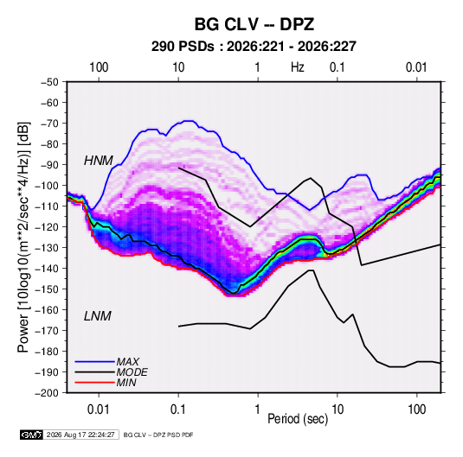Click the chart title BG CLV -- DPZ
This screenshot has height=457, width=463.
click(x=254, y=24)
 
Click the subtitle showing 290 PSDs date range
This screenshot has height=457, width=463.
click(x=254, y=47)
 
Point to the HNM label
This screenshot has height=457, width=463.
click(x=99, y=161)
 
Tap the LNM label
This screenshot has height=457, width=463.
click(x=98, y=316)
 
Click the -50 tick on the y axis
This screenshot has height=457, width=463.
click(x=49, y=82)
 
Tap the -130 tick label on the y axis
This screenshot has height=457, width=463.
click(x=47, y=248)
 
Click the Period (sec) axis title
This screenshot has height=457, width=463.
click(x=298, y=419)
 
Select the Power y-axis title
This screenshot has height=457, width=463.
click(x=23, y=238)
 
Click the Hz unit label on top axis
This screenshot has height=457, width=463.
click(x=298, y=67)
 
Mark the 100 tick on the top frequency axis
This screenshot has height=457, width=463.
click(x=99, y=67)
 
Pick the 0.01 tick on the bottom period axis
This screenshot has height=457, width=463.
click(x=99, y=409)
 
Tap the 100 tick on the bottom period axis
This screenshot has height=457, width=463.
click(x=416, y=409)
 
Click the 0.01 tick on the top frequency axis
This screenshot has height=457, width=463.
click(x=416, y=67)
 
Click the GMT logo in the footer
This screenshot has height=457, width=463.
click(x=32, y=435)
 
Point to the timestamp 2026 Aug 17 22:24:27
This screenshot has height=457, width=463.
click(x=80, y=435)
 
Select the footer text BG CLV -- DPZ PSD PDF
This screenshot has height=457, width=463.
click(x=158, y=435)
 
